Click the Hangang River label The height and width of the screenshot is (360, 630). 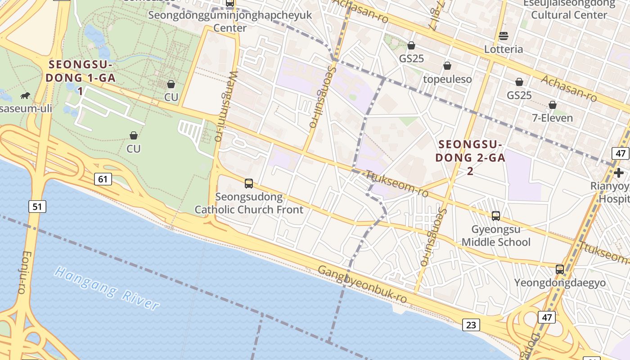click(107, 288)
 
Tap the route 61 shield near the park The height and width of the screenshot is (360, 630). click(103, 179)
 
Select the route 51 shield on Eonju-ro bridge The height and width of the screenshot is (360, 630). click(37, 207)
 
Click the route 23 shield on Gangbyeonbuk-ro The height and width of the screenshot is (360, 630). click(471, 324)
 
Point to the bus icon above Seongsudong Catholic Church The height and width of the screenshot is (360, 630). click(249, 183)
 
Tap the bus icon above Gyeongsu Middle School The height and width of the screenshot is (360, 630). click(496, 216)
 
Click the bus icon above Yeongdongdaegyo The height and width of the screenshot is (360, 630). click(560, 270)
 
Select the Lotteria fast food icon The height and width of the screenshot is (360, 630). click(504, 36)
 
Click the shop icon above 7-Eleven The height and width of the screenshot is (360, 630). click(553, 105)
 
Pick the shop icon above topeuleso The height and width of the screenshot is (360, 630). click(447, 66)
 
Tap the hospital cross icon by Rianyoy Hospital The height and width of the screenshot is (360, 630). click(619, 172)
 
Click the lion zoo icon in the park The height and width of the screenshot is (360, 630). click(25, 95)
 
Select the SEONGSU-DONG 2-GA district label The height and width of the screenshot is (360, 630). click(470, 157)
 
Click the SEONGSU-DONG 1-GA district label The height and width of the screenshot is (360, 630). click(81, 77)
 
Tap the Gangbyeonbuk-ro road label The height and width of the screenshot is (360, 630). click(363, 284)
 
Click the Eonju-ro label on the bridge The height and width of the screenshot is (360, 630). click(23, 272)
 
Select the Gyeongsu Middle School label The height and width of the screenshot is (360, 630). click(496, 236)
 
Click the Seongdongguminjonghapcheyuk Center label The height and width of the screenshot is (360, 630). click(229, 21)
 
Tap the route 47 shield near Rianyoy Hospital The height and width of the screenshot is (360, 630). click(621, 153)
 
